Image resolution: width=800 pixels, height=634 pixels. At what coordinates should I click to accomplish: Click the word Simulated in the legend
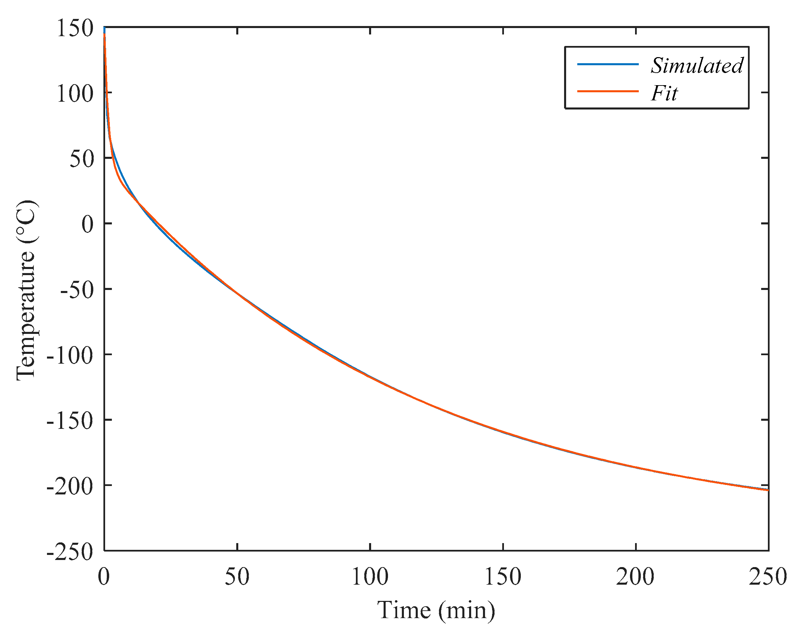[x=697, y=66]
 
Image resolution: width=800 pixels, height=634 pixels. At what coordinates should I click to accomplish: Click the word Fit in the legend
[x=664, y=93]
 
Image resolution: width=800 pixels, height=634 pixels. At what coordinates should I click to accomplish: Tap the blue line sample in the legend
[x=607, y=64]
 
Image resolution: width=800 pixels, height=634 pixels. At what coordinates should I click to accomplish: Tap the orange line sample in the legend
[x=607, y=91]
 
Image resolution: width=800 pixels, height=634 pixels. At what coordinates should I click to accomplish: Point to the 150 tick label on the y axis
[x=74, y=28]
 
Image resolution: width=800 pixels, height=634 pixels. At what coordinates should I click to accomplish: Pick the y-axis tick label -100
[x=69, y=356]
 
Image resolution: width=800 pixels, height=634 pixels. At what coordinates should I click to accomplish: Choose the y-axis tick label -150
[x=69, y=421]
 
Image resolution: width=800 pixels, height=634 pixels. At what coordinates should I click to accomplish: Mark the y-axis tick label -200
[x=69, y=486]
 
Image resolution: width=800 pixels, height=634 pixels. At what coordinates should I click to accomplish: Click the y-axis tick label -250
[x=69, y=552]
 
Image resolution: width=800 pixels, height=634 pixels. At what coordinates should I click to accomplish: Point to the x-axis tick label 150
[x=503, y=577]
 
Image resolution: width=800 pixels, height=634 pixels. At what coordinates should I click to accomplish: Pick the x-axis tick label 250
[x=767, y=577]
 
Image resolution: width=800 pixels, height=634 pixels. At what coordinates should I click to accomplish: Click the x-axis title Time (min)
[x=436, y=610]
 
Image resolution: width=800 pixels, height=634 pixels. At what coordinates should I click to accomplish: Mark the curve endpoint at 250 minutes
[x=767, y=490]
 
